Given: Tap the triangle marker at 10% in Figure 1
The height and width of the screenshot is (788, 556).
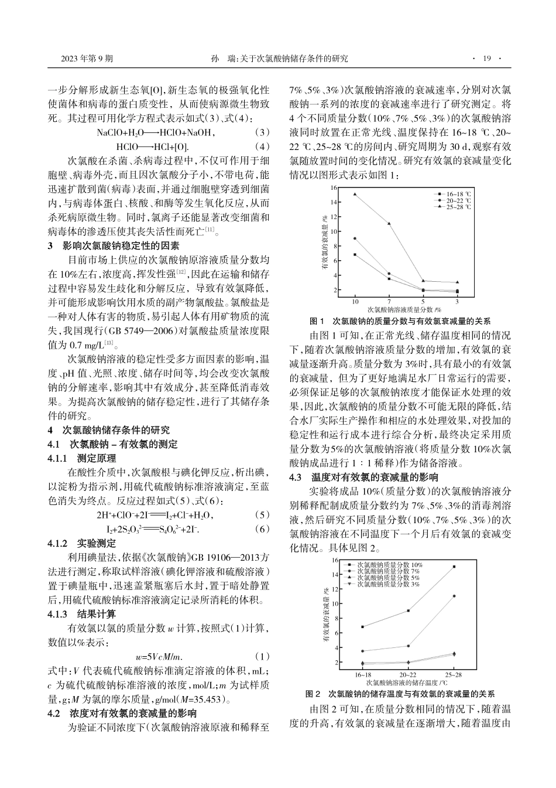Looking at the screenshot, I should (355, 194).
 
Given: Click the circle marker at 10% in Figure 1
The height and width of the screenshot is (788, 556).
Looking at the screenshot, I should (355, 238).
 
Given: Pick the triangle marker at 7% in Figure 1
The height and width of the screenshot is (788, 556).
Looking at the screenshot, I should (389, 223).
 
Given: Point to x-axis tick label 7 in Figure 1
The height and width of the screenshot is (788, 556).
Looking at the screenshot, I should (389, 301).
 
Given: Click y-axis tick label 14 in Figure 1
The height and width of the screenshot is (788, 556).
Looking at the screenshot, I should (334, 202).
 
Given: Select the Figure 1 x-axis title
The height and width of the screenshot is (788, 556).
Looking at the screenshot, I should (404, 309).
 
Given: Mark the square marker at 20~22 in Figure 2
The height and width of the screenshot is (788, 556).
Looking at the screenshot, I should (408, 610).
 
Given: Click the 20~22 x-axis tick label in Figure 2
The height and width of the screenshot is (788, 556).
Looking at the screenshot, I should (408, 674).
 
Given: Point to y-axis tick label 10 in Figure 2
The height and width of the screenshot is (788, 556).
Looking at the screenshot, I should (334, 603).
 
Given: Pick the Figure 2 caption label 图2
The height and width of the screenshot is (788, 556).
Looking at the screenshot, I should (315, 694).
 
